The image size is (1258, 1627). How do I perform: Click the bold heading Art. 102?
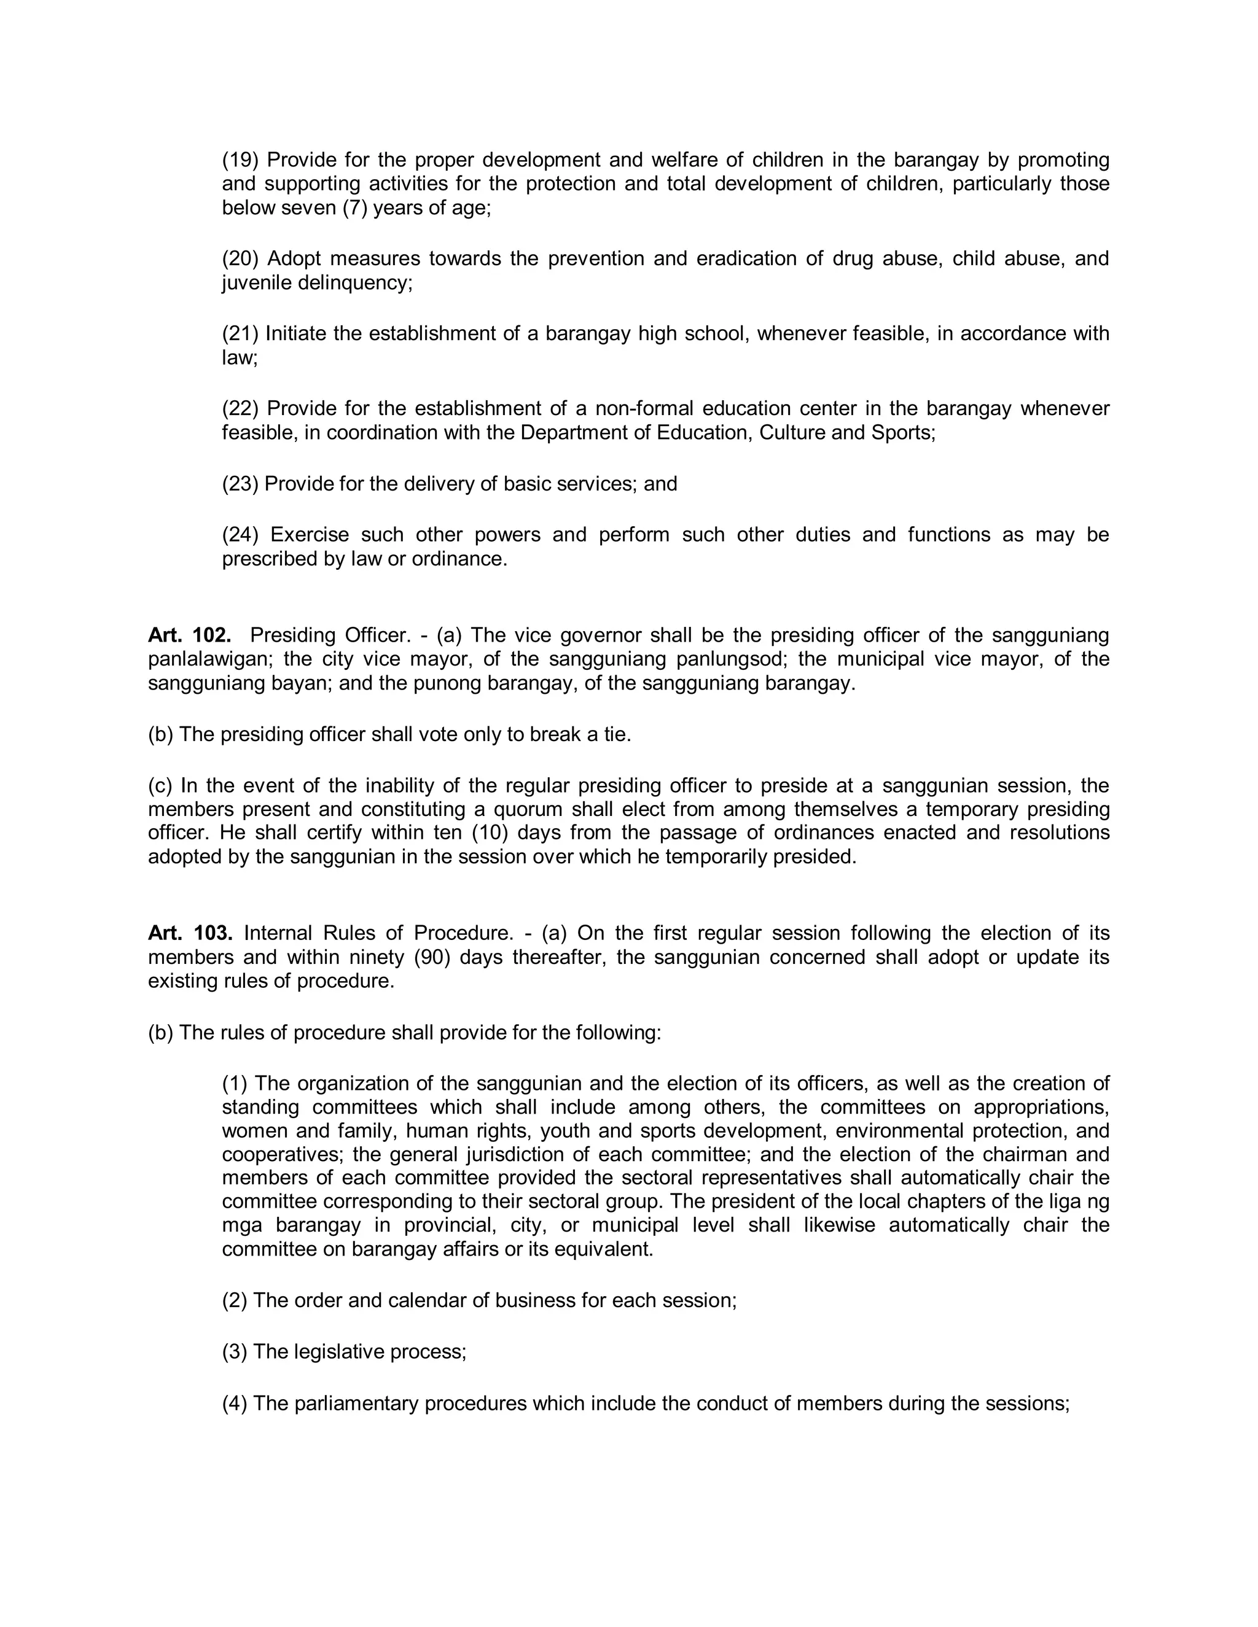pyautogui.click(x=189, y=635)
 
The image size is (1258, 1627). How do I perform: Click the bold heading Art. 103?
pyautogui.click(x=190, y=933)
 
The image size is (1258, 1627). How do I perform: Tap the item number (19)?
pyautogui.click(x=240, y=160)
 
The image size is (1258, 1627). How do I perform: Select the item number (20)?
pyautogui.click(x=240, y=259)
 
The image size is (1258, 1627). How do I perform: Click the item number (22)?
pyautogui.click(x=240, y=409)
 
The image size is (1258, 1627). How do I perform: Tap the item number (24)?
pyautogui.click(x=240, y=535)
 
